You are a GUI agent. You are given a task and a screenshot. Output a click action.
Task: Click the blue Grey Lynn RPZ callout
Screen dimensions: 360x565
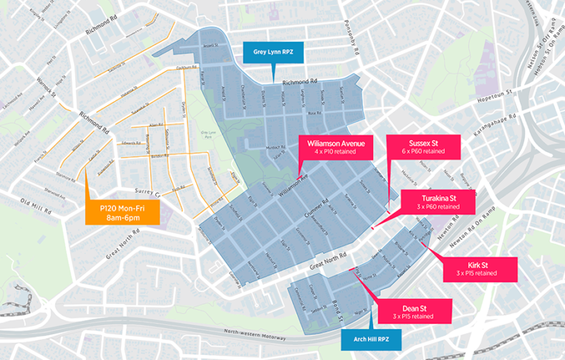[x=273, y=52]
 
